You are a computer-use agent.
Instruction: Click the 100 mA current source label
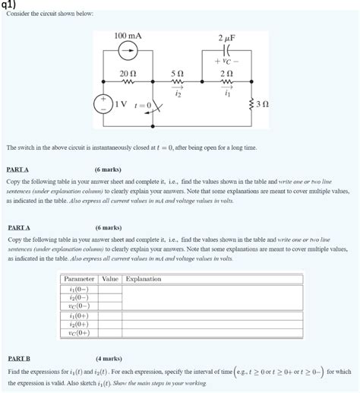tap(128, 36)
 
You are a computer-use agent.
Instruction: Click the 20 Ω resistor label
tap(128, 72)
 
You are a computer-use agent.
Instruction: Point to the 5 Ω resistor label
tap(177, 73)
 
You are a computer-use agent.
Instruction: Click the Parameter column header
tap(79, 279)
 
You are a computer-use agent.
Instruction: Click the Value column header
tap(111, 279)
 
